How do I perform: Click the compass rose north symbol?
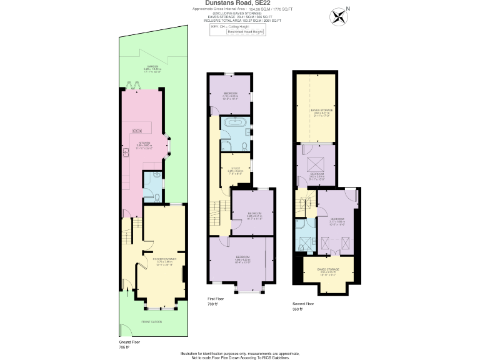coord(339,16)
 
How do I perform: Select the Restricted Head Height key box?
coord(245,32)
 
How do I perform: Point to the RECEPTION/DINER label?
coord(162,259)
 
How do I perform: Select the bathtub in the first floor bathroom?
coord(235,124)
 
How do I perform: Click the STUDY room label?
coord(235,169)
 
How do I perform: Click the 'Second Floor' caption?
coord(303,304)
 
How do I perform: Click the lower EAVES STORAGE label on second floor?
coord(329,269)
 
